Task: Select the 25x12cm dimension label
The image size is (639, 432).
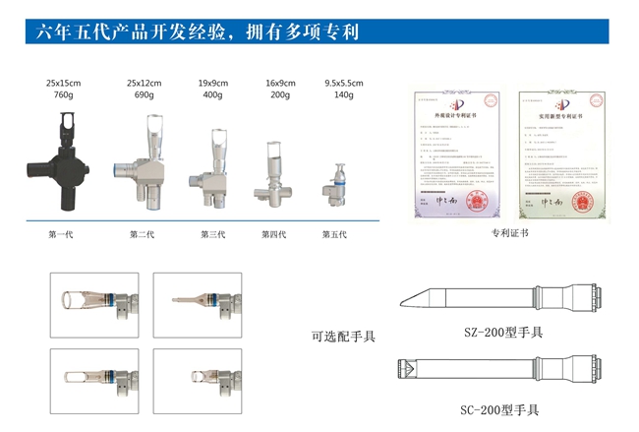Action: (x=145, y=83)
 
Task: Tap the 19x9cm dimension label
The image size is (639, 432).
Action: (x=212, y=83)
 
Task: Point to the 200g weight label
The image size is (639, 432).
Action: (x=280, y=95)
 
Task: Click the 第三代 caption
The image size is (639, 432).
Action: (x=212, y=234)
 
